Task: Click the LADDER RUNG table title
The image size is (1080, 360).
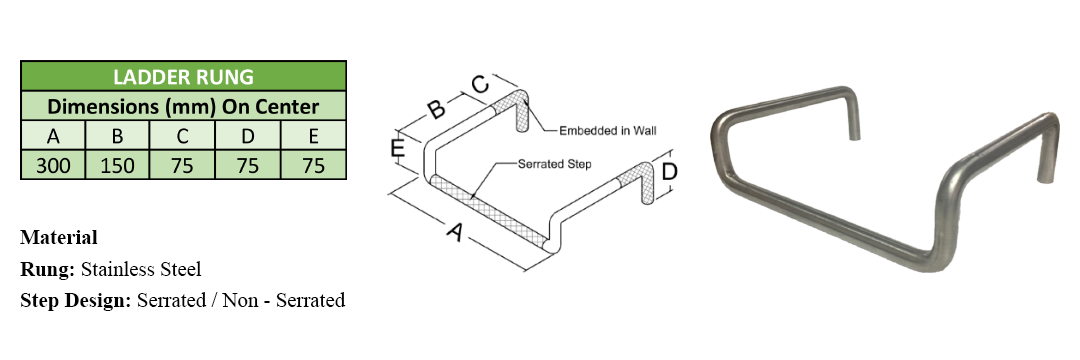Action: [183, 76]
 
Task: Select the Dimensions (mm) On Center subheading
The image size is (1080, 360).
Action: [183, 107]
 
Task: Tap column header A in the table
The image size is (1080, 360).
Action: [53, 136]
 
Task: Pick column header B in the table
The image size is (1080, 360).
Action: [117, 136]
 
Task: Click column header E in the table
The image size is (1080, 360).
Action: [313, 136]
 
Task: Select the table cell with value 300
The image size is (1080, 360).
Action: [53, 166]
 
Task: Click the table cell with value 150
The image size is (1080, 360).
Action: [117, 166]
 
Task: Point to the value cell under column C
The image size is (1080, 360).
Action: [182, 166]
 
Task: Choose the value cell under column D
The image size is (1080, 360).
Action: [248, 166]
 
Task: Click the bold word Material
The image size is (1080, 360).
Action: [59, 237]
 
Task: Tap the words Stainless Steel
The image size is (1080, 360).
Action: [141, 269]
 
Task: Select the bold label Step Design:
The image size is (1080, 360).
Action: [76, 301]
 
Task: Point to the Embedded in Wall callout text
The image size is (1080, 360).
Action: [608, 130]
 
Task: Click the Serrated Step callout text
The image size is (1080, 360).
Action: [554, 165]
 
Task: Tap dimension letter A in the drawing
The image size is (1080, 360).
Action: [454, 233]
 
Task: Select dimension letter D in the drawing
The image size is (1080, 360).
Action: [669, 171]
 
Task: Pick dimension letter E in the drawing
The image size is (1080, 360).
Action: [397, 149]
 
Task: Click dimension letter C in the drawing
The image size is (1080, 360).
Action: [480, 85]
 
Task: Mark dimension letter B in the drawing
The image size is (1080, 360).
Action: [435, 109]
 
